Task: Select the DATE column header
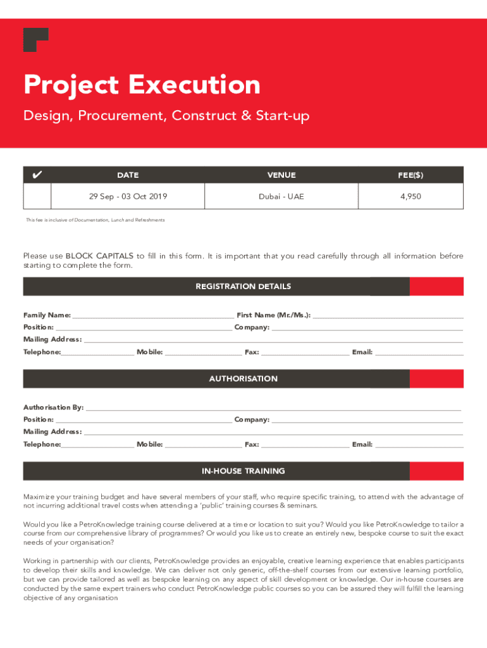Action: tap(128, 175)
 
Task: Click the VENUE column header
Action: tap(281, 175)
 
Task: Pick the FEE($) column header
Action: tap(410, 175)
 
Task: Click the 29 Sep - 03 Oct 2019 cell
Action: tap(128, 197)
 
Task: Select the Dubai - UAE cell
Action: tap(281, 197)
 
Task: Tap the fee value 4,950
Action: tap(410, 197)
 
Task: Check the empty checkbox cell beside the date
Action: tap(37, 197)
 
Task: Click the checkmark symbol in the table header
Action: tap(37, 175)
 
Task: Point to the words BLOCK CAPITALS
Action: tap(99, 256)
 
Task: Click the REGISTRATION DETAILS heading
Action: tap(244, 287)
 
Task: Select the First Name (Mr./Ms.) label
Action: tap(273, 315)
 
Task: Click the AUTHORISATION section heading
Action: tap(244, 379)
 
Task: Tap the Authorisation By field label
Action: tap(53, 408)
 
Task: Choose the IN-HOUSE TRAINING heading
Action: tap(244, 471)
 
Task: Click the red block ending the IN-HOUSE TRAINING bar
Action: tap(436, 471)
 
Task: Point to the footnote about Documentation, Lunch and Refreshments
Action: tap(95, 220)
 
